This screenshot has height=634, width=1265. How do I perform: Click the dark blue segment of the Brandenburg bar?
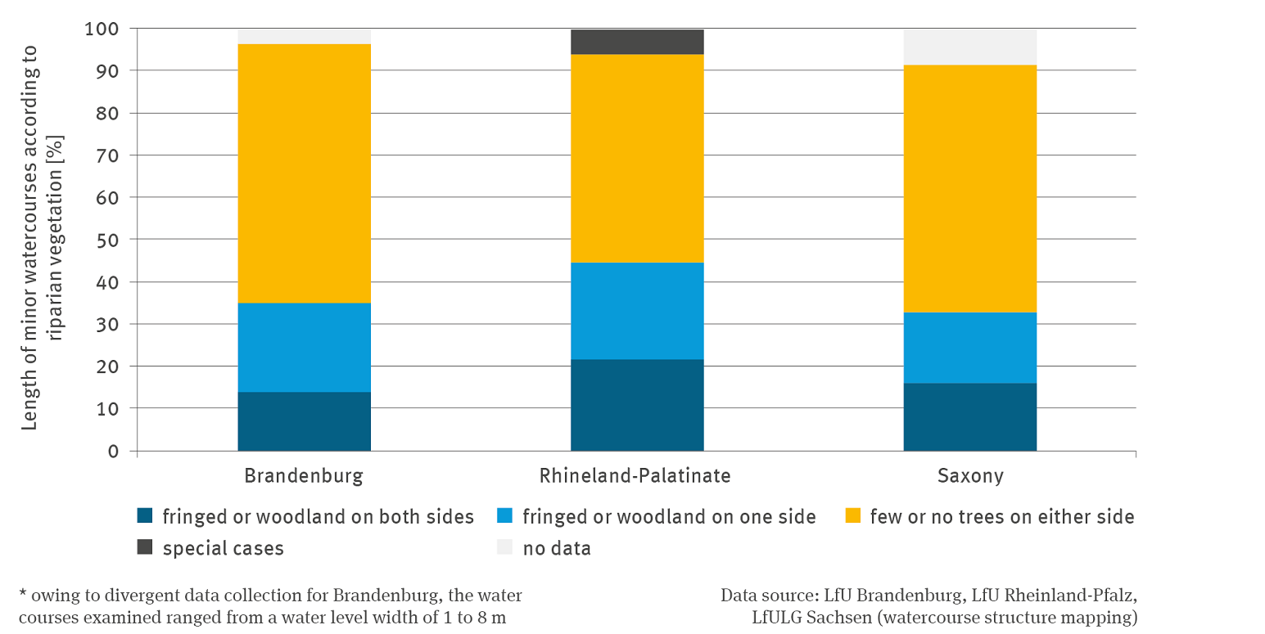coord(304,421)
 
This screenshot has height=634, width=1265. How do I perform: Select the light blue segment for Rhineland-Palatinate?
coord(637,311)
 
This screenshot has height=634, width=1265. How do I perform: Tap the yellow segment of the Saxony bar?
coord(969,188)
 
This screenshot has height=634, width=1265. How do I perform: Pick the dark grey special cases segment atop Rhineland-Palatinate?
coord(637,42)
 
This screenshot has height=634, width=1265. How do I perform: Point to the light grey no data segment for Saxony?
coord(969,47)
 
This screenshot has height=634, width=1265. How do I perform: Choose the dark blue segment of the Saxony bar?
coord(969,416)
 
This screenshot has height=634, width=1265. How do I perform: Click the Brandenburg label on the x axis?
coord(304,476)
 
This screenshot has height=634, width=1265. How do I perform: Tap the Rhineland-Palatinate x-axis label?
coord(635,476)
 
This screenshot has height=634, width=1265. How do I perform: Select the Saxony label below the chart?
coord(969,476)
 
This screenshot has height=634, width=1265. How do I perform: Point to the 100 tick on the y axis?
coord(102,29)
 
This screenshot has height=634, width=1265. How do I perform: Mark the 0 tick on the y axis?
coord(113,451)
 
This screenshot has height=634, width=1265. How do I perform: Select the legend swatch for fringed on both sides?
coord(145,516)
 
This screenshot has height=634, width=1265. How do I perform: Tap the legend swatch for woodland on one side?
coord(504,516)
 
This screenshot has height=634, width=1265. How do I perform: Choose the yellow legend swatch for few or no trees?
coord(852,516)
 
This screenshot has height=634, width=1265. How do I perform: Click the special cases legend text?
coord(223,548)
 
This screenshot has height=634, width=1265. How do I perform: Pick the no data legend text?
coord(557,548)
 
